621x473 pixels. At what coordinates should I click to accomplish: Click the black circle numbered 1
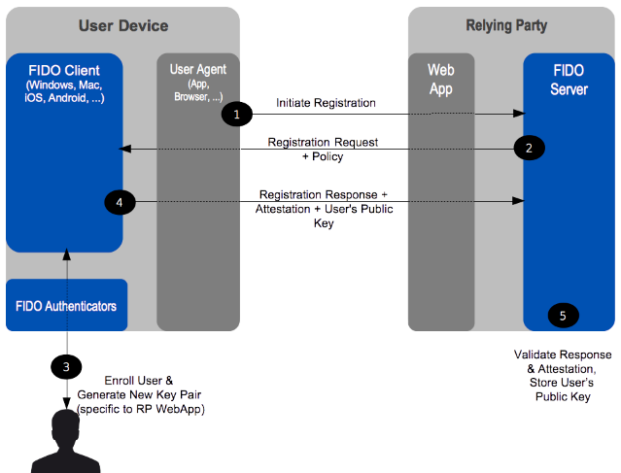(x=237, y=114)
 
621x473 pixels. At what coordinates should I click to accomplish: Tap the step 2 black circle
(x=529, y=148)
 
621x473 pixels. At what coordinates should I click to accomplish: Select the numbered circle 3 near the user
(x=66, y=367)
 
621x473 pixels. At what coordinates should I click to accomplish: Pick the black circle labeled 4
(x=120, y=202)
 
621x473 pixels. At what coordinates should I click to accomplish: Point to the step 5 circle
(x=564, y=316)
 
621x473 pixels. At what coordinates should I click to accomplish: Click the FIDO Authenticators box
(x=66, y=305)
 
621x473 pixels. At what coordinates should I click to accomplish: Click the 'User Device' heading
(x=123, y=25)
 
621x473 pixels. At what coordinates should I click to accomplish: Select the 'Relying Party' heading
(x=506, y=25)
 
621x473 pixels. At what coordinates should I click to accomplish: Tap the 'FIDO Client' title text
(x=64, y=71)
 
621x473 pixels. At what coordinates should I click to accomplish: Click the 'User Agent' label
(x=198, y=70)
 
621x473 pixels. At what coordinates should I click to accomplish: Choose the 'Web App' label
(x=441, y=80)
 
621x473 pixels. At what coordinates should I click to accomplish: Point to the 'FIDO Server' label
(x=569, y=80)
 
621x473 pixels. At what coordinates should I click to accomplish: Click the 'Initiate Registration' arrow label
(x=326, y=103)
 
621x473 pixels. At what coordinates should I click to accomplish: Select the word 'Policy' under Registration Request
(x=328, y=156)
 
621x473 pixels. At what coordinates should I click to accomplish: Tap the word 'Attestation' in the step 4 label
(x=283, y=209)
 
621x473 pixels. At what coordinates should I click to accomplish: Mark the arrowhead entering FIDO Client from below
(x=67, y=254)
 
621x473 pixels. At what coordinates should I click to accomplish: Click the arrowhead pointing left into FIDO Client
(x=124, y=149)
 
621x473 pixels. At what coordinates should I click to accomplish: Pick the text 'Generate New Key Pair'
(x=139, y=394)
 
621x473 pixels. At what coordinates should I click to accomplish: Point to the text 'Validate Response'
(x=563, y=355)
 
